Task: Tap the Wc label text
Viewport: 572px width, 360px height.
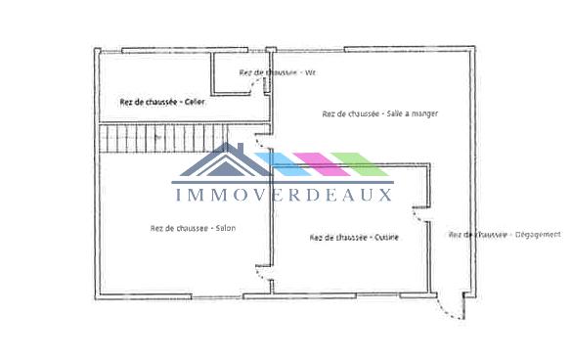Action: tap(311, 72)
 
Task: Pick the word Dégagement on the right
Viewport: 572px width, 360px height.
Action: tap(537, 235)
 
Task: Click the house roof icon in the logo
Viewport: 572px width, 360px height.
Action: tap(224, 161)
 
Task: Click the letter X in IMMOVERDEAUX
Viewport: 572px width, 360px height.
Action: tap(384, 194)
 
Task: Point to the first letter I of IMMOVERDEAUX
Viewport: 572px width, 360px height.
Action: tap(178, 194)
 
